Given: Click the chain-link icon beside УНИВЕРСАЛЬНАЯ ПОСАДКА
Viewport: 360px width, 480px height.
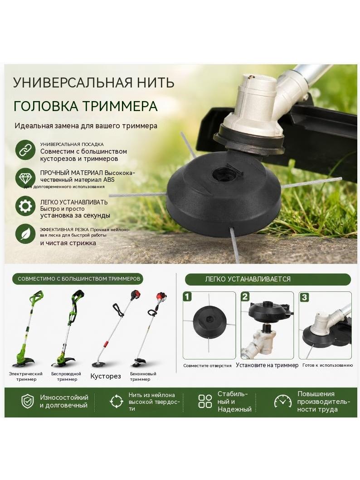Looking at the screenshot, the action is [x=25, y=150].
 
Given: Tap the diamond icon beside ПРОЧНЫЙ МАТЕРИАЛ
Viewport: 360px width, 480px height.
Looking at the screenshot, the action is [x=25, y=178].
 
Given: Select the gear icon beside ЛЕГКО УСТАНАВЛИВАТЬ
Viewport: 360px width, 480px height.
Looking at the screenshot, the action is [x=25, y=206].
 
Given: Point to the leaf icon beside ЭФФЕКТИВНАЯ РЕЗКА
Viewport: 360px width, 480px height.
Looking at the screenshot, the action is [x=25, y=234].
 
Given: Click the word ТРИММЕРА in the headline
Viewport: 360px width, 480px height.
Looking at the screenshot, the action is [x=121, y=106].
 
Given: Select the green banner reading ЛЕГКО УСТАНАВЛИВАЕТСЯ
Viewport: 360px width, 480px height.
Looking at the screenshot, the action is [x=268, y=279].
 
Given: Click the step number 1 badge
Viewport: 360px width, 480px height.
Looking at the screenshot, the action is [x=187, y=296].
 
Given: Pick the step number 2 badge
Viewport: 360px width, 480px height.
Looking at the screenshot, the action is [x=245, y=296].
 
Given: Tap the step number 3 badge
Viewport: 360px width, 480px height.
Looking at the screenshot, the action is [x=304, y=297].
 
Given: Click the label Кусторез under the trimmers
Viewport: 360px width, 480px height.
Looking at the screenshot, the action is [x=106, y=376].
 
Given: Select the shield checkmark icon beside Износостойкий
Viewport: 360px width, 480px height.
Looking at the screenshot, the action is [x=27, y=401].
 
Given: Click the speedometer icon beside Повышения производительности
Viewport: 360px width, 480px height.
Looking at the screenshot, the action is [x=282, y=401].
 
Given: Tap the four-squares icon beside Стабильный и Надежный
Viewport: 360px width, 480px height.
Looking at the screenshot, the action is [x=205, y=401].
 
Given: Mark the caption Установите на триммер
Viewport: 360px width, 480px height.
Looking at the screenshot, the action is [x=267, y=365].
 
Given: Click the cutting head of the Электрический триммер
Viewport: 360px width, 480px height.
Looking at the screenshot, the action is [x=24, y=362].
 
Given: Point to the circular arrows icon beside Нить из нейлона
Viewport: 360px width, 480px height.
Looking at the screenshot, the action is [x=117, y=401].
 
